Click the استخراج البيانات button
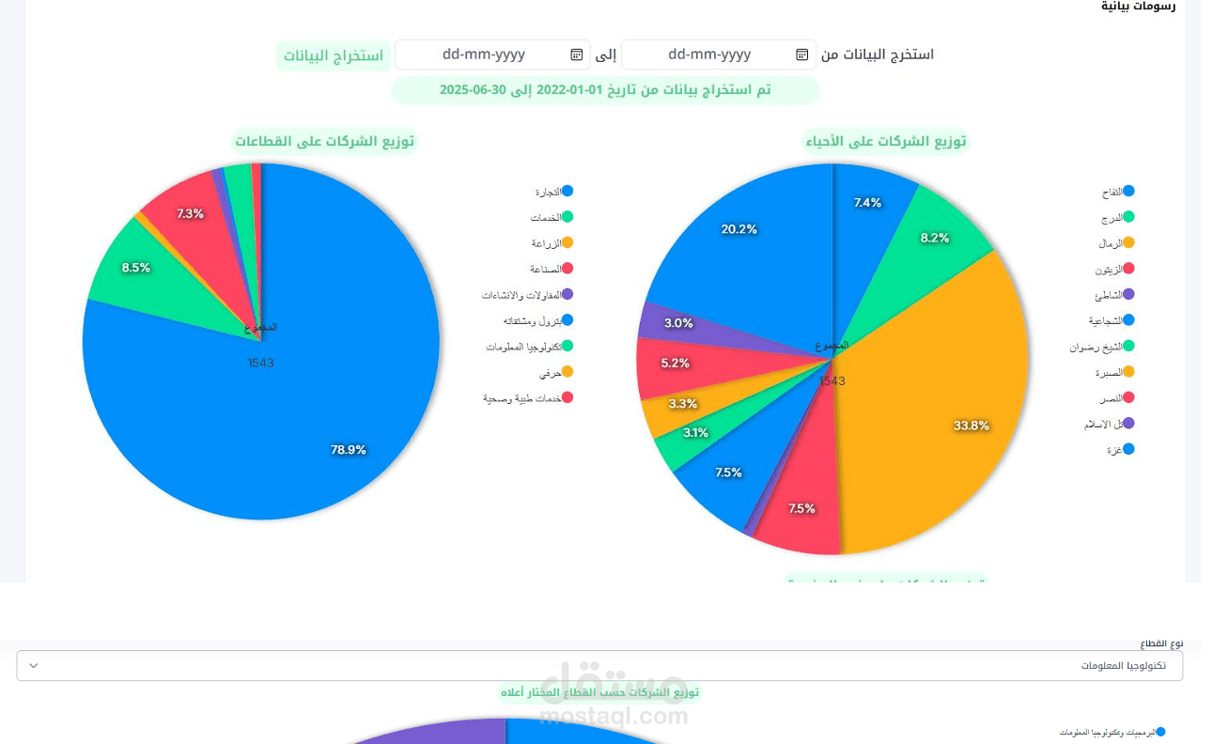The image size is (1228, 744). point(334,55)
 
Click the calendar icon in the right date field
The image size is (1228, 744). point(802,54)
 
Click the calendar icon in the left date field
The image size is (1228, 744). point(577,54)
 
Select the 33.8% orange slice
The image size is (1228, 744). point(971,426)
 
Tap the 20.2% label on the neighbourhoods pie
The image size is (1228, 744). point(738,229)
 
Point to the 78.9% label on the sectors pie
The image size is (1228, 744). point(348,450)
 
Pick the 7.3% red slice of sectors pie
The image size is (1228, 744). point(190,214)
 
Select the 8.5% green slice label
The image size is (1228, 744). point(135,268)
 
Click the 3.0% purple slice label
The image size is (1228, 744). point(678,323)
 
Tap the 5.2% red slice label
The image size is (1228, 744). point(675,363)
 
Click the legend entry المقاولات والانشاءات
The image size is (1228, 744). point(521,295)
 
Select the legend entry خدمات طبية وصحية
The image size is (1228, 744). point(522,398)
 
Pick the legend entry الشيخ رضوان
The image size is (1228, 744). point(1096,347)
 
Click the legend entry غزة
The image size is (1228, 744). point(1115,450)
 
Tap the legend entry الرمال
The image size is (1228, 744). point(1111,243)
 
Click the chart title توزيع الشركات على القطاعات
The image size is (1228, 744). point(324,142)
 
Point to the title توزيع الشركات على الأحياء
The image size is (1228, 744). point(886,142)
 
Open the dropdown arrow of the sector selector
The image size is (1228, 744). point(34,666)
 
